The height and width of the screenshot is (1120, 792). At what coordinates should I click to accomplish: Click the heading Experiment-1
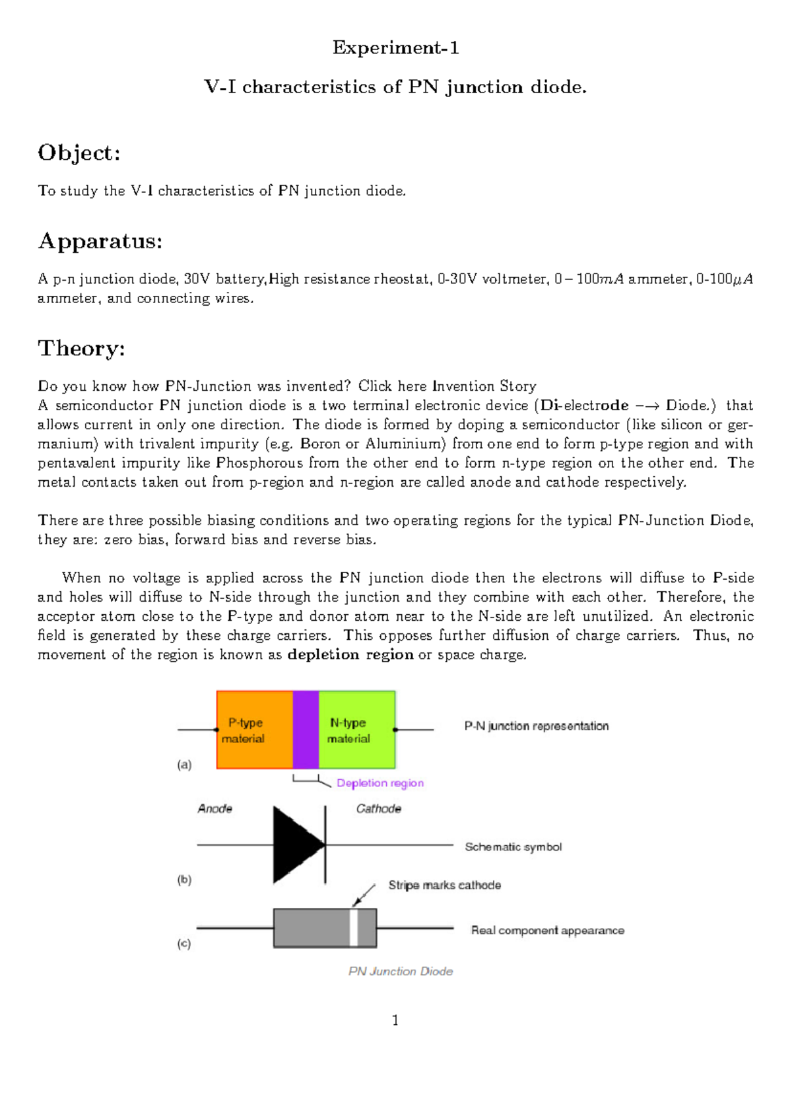tap(395, 48)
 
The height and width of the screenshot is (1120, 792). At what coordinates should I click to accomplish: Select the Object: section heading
tap(79, 153)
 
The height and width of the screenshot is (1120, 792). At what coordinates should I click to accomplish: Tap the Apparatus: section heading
tap(100, 241)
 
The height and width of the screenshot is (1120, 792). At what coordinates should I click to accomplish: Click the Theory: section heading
tap(81, 349)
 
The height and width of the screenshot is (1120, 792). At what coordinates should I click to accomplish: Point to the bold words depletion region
tap(350, 655)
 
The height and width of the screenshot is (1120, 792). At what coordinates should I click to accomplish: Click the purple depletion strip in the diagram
tap(306, 730)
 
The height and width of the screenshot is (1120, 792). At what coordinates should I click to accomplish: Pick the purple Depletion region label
tap(380, 783)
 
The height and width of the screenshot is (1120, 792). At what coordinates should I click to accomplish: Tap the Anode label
tap(215, 809)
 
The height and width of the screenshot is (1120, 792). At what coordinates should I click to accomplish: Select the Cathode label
tap(378, 809)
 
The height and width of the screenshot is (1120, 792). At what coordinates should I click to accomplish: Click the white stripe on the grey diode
tap(354, 928)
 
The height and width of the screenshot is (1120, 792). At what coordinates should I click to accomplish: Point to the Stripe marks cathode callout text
tap(444, 886)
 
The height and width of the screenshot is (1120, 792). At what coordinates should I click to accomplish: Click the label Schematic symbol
tap(513, 847)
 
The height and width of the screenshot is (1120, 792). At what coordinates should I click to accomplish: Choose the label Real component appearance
tap(547, 930)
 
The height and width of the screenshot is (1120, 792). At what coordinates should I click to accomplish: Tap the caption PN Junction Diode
tap(401, 971)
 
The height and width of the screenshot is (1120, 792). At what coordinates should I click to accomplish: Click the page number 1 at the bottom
tap(395, 1021)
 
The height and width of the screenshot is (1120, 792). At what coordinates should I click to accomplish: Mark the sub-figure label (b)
tap(184, 880)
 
